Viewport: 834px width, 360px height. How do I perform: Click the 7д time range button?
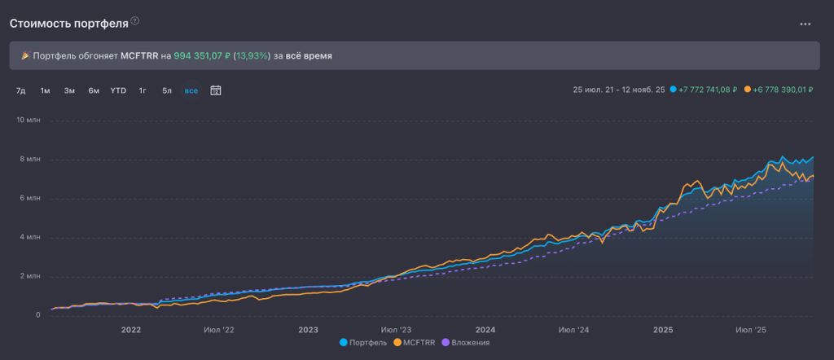[20, 90]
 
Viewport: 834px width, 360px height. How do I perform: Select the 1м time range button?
[45, 90]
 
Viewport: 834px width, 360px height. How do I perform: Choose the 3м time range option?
[69, 90]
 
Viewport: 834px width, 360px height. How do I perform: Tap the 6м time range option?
[94, 90]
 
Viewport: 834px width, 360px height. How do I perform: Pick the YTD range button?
[118, 90]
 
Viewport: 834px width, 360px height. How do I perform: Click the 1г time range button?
[143, 90]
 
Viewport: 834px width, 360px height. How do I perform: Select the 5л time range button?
[167, 90]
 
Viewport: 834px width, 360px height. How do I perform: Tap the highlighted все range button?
[191, 90]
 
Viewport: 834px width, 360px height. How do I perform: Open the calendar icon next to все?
[216, 90]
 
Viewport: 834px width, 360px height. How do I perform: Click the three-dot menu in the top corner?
[805, 24]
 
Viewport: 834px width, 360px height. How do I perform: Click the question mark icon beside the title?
[135, 21]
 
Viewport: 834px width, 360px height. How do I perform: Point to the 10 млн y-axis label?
[28, 121]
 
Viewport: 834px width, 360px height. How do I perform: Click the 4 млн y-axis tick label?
[29, 237]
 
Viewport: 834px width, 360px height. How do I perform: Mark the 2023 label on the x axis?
[308, 330]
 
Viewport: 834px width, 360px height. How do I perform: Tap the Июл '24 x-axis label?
[574, 330]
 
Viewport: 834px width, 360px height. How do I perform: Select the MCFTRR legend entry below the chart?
[418, 343]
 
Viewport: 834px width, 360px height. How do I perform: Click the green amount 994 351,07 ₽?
[202, 56]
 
